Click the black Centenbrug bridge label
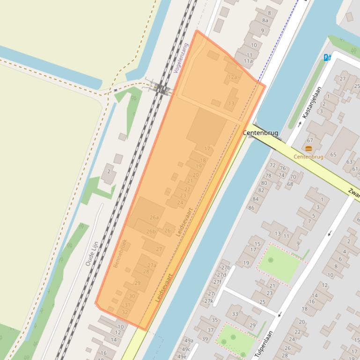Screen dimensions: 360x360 click(260, 133)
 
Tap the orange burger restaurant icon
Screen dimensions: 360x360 click(309, 148)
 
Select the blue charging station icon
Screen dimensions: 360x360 click(327, 58)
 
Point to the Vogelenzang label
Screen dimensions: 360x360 click(180, 58)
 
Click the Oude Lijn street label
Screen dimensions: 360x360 click(92, 254)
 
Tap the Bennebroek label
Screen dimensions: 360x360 click(120, 253)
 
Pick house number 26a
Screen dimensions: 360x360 click(154, 217)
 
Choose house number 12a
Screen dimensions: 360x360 click(232, 77)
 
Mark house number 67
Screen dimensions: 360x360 click(310, 140)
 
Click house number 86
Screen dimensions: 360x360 click(251, 208)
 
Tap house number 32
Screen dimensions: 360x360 click(125, 312)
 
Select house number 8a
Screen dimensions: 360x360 click(265, 21)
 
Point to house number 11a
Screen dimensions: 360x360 click(248, 61)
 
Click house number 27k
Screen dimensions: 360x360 click(209, 301)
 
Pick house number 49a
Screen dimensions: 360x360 click(188, 341)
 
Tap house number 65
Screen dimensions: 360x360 click(333, 155)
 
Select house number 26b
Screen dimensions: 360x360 click(151, 231)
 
